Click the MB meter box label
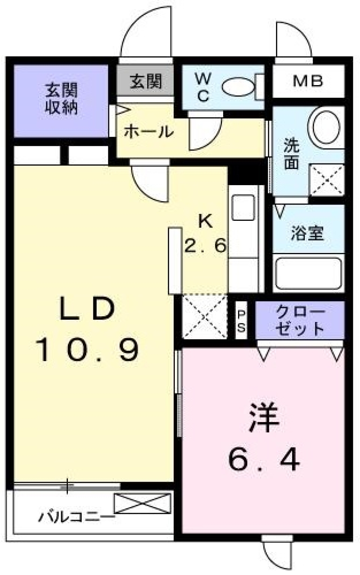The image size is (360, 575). (308, 81)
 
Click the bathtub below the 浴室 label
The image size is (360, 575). (308, 273)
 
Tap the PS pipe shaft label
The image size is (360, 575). (241, 321)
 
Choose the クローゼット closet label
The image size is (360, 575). (300, 320)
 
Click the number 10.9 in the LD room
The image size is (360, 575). (87, 350)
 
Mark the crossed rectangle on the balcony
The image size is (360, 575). (142, 503)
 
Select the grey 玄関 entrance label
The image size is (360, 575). (145, 81)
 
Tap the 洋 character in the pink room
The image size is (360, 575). (264, 417)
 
